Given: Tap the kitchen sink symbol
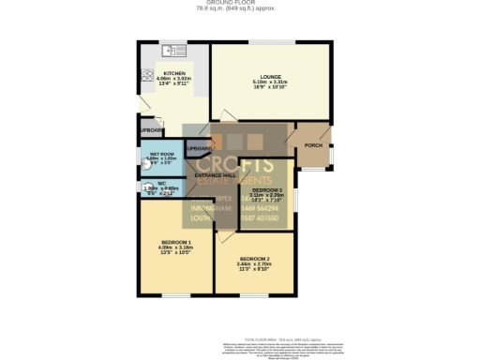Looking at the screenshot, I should click(x=172, y=50).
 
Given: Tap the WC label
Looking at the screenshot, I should click(x=161, y=183).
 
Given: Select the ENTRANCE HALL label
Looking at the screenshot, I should click(x=214, y=175).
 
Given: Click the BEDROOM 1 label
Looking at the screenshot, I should click(x=175, y=242).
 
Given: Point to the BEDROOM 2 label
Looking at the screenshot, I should click(x=254, y=258).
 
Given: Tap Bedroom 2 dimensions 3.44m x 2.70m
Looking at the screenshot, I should click(x=254, y=263).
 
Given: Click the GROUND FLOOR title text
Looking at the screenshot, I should click(x=240, y=3).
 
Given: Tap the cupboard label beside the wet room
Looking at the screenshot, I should click(x=198, y=148).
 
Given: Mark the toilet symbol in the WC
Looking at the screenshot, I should click(x=146, y=187).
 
